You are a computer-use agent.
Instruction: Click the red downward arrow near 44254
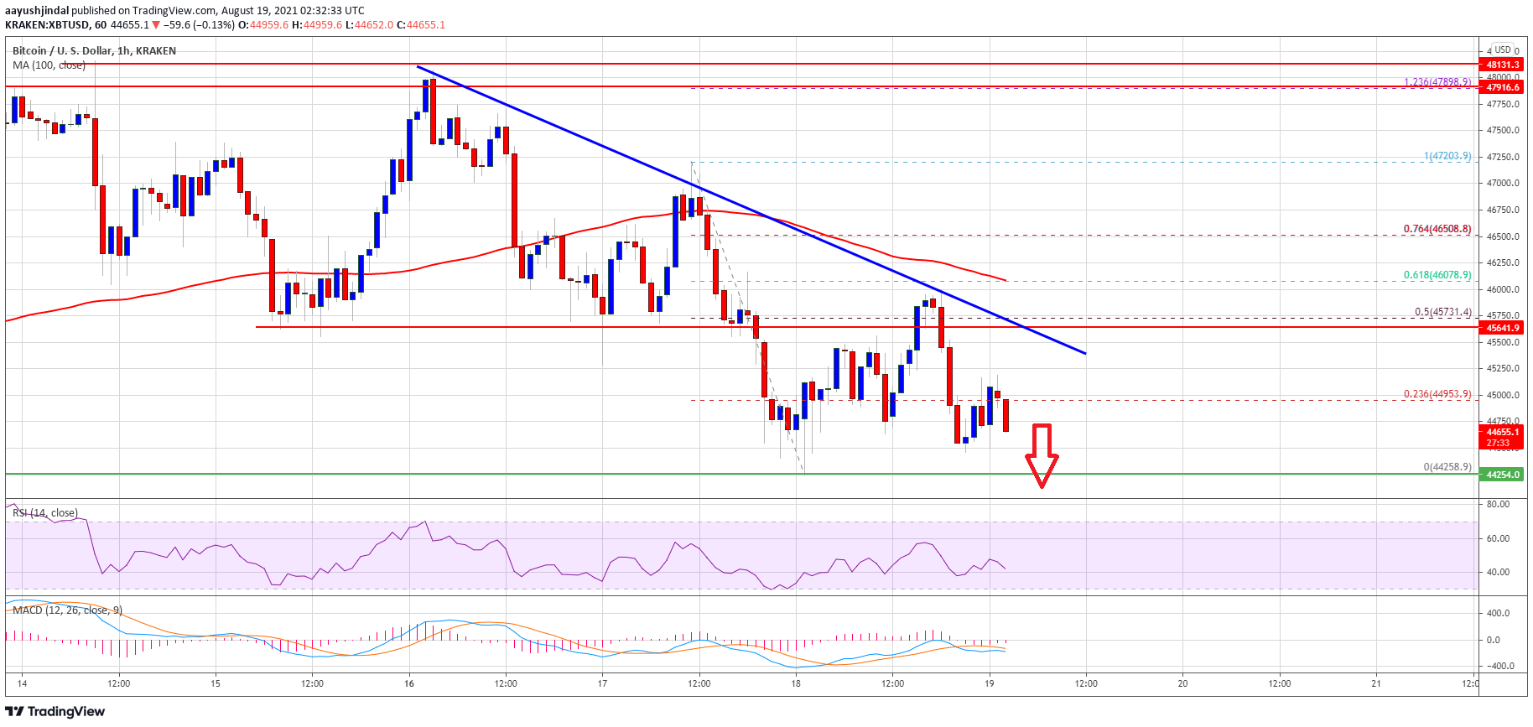tap(1042, 455)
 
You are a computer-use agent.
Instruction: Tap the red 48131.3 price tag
tap(1502, 65)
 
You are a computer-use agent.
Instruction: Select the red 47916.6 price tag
tap(1502, 87)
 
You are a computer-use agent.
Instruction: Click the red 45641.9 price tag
tap(1502, 328)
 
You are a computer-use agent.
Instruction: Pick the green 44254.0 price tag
tap(1502, 475)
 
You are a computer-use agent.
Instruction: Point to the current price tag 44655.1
tap(1502, 432)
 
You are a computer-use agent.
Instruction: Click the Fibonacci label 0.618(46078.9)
tap(1437, 275)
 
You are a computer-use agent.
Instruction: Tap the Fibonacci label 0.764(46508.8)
tap(1437, 229)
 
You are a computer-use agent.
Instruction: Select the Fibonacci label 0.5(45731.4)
tap(1442, 312)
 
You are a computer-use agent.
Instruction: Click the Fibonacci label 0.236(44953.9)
tap(1437, 394)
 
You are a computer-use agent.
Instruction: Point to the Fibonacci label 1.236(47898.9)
tap(1437, 82)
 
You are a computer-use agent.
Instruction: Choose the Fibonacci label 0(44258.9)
tap(1447, 467)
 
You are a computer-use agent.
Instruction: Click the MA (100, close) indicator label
tap(49, 65)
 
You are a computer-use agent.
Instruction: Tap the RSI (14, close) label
tap(45, 513)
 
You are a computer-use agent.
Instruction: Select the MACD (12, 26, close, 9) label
tap(67, 610)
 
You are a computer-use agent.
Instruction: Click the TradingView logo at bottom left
tap(55, 712)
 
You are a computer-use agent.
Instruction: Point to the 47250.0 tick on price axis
tap(1503, 157)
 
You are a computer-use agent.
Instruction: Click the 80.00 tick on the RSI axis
tap(1498, 504)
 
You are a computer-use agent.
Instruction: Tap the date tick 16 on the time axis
tap(409, 683)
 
